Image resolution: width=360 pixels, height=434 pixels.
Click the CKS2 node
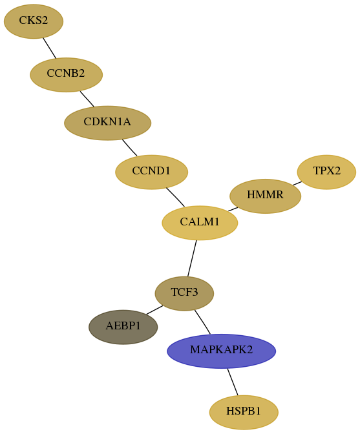click(x=34, y=21)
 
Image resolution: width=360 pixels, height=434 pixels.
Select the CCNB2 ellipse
click(x=66, y=75)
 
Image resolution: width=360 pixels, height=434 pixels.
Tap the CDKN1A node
click(x=107, y=123)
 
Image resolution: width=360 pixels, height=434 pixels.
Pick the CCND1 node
click(x=151, y=172)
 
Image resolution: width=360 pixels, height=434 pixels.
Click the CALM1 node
click(x=200, y=223)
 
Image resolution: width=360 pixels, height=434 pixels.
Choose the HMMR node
click(x=265, y=196)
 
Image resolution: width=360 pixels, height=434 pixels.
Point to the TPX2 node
click(x=326, y=172)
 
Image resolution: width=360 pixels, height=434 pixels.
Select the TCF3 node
click(x=184, y=293)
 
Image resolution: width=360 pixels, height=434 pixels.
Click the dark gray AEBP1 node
click(x=123, y=327)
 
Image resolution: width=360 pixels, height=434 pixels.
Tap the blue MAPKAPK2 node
click(x=221, y=351)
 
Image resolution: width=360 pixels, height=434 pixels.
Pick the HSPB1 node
click(x=244, y=413)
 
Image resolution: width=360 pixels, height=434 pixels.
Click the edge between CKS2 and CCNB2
click(x=50, y=48)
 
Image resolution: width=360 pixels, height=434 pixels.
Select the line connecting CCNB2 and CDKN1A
click(x=87, y=99)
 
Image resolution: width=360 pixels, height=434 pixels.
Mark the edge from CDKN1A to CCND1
click(x=129, y=147)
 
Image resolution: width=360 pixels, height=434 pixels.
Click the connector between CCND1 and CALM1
click(x=175, y=197)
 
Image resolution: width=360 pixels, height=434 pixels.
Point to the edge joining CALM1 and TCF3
click(x=192, y=258)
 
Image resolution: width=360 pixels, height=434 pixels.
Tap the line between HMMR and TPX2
click(x=297, y=183)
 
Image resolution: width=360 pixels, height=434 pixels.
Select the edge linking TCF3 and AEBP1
click(x=154, y=310)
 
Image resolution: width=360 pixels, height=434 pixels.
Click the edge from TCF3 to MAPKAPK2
click(x=202, y=322)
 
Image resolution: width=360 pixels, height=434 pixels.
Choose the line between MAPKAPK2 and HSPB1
click(x=233, y=382)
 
